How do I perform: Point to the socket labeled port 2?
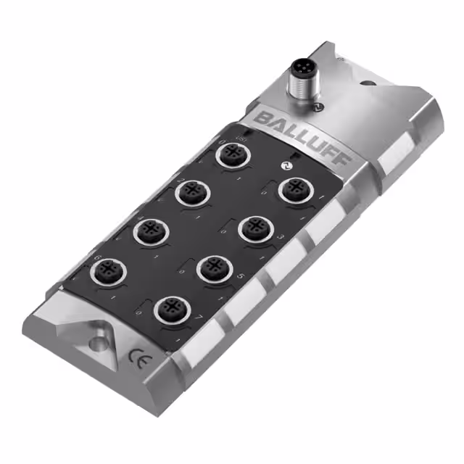click(191, 192)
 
